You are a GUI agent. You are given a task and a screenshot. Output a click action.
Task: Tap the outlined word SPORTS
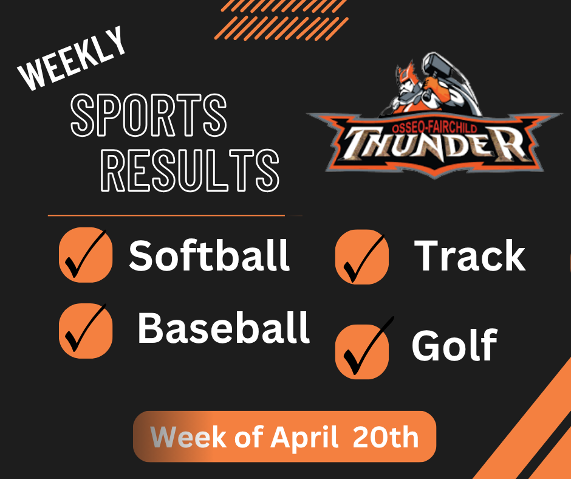pyautogui.click(x=148, y=116)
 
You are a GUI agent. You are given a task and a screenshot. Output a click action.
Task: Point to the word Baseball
pyautogui.click(x=224, y=329)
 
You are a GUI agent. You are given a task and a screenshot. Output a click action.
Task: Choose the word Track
pyautogui.click(x=470, y=255)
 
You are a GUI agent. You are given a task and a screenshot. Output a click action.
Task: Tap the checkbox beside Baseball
pyautogui.click(x=86, y=331)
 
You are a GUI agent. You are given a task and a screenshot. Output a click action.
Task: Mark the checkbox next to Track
pyautogui.click(x=362, y=257)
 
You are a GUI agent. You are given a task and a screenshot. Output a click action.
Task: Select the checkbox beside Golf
pyautogui.click(x=362, y=350)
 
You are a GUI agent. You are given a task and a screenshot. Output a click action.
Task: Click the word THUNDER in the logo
pyautogui.click(x=435, y=144)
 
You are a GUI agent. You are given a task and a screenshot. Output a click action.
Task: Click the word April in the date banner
pyautogui.click(x=304, y=438)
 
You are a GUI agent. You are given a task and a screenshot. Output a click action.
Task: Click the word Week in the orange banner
pyautogui.click(x=179, y=438)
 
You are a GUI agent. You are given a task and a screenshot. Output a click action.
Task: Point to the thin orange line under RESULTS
pyautogui.click(x=166, y=215)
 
